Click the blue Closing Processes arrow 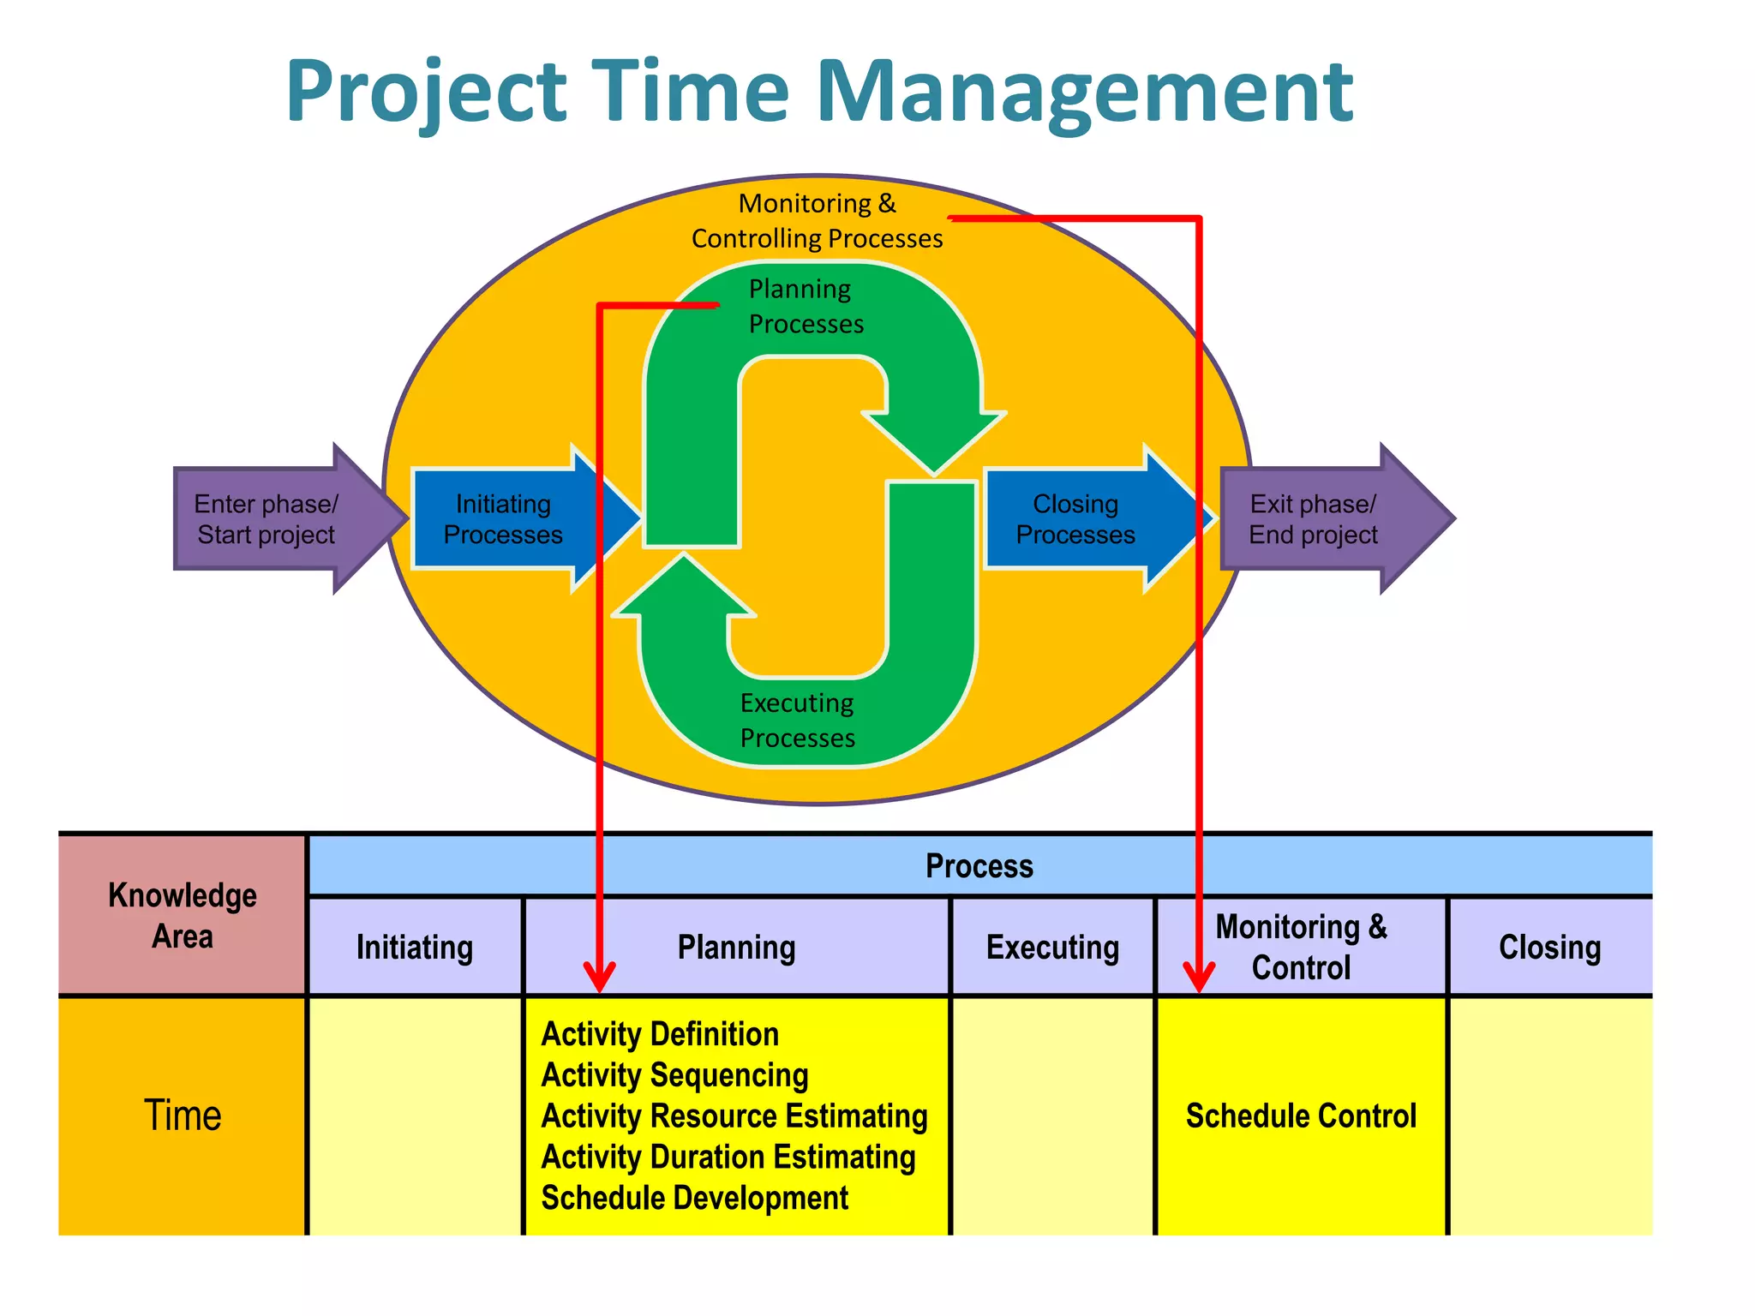coord(1076,519)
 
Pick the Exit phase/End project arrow coord(1315,519)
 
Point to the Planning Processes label coord(806,307)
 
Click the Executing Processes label coord(797,721)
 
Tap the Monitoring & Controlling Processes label coord(817,221)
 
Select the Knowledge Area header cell coord(183,915)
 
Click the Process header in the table coord(979,866)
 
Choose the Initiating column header coord(415,948)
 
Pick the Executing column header coord(1052,948)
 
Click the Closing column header coord(1549,948)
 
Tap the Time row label coord(183,1116)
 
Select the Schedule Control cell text coord(1301,1116)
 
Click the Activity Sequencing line coord(675,1075)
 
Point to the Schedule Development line coord(695,1198)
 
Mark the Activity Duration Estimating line coord(728,1157)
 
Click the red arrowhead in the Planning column coord(600,977)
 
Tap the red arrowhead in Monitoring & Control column coord(1199,977)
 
